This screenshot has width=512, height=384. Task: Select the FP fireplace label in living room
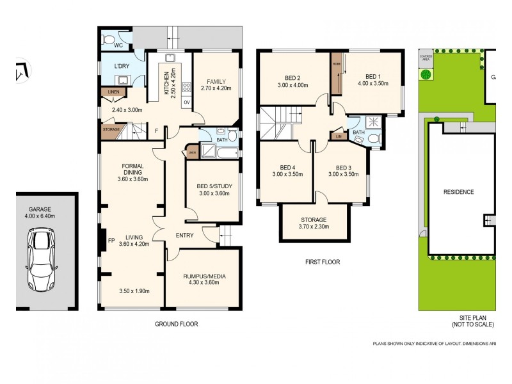tap(111, 242)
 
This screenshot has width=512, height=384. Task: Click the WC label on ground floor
tap(118, 45)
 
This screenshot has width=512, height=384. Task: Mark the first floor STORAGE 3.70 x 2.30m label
tap(314, 222)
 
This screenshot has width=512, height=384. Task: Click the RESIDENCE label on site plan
tap(458, 192)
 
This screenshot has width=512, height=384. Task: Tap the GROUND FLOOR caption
tap(176, 324)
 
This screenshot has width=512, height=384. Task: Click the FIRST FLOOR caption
tap(323, 262)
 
